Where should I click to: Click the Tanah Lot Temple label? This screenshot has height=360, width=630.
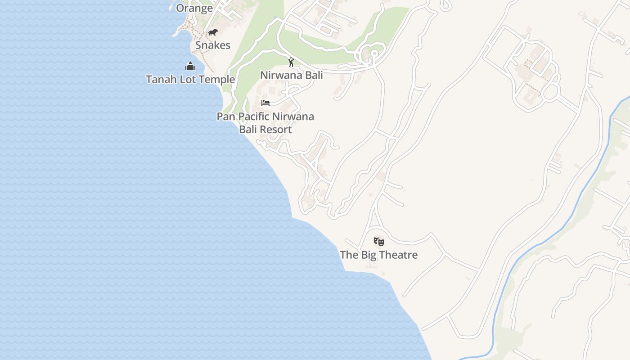coord(190,80)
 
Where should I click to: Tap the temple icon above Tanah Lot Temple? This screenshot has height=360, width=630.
coord(190,67)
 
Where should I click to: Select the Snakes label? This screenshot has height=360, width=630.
coord(213,45)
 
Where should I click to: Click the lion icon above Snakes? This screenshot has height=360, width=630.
coord(213,32)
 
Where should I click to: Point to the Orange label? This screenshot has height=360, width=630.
coord(194,8)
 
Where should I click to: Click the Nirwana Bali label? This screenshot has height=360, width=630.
coord(292,75)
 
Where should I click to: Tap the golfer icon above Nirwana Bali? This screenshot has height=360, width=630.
coord(291,62)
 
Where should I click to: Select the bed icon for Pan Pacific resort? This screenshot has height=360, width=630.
coord(265,103)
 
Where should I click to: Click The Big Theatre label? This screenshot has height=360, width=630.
coord(379,255)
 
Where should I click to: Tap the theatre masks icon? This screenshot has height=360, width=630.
coord(379,242)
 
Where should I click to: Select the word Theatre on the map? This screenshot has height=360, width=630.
coord(398,255)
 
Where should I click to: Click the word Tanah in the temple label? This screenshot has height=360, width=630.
coord(160,80)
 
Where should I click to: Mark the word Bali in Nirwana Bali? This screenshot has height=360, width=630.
coord(315,75)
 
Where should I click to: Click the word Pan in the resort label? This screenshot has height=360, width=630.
coord(226,117)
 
